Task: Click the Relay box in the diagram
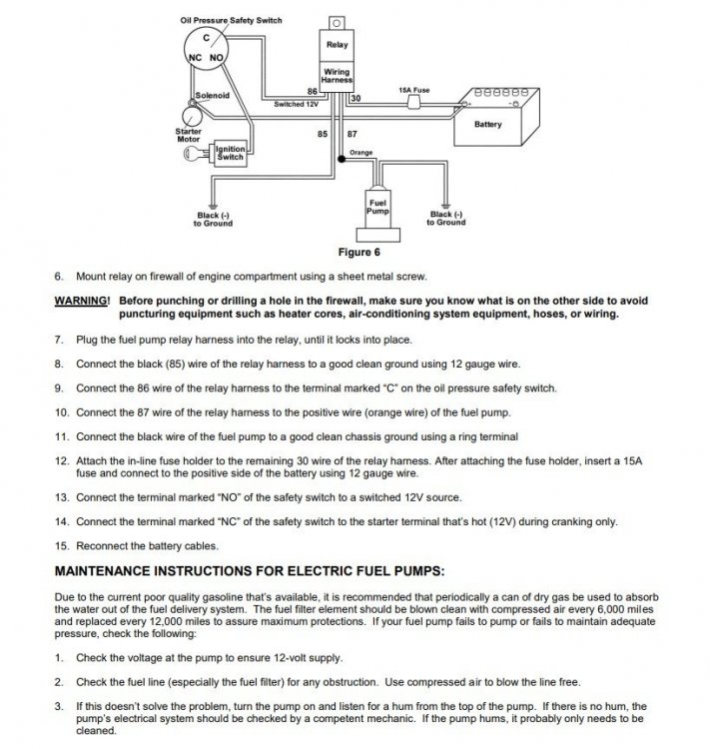click(337, 45)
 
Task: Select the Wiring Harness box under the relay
click(337, 76)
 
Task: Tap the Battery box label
click(488, 124)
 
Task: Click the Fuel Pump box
click(377, 208)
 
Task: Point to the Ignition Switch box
click(231, 154)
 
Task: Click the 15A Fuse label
click(413, 90)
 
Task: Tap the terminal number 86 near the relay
click(312, 91)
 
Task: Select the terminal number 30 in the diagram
click(355, 99)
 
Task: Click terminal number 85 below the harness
click(323, 134)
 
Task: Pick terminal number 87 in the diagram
click(353, 134)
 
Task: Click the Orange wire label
click(360, 153)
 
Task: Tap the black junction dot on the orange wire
click(342, 159)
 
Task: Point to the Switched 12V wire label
click(297, 104)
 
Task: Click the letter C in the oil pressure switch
click(206, 38)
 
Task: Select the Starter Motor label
click(189, 135)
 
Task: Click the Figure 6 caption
click(358, 253)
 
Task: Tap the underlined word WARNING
click(82, 301)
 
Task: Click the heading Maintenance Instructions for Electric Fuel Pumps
click(250, 571)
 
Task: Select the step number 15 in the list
click(62, 546)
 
